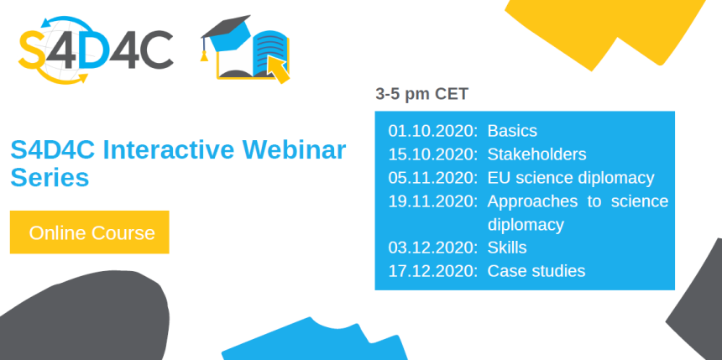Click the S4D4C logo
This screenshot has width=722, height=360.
(x=96, y=50)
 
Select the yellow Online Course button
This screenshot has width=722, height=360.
(x=89, y=232)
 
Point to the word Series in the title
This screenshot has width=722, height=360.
(x=50, y=177)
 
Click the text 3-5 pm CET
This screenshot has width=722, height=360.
(x=421, y=94)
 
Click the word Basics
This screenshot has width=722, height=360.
(x=512, y=131)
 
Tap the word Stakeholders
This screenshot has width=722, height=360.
(x=537, y=154)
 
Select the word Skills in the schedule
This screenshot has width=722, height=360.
(x=507, y=248)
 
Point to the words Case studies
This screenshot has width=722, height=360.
(x=536, y=271)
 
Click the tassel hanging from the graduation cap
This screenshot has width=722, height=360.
(x=204, y=50)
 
